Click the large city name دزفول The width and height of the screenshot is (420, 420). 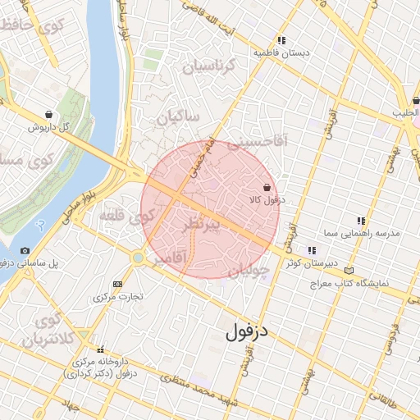[x=253, y=332]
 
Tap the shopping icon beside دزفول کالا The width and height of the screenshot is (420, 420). [x=267, y=187]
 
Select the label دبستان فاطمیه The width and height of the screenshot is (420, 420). [x=282, y=52]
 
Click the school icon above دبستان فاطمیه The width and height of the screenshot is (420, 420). [x=281, y=39]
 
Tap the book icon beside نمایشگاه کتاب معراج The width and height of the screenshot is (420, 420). [x=350, y=270]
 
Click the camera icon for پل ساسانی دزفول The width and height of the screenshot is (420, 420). [x=25, y=250]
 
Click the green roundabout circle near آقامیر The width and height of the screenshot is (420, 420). [x=139, y=258]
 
